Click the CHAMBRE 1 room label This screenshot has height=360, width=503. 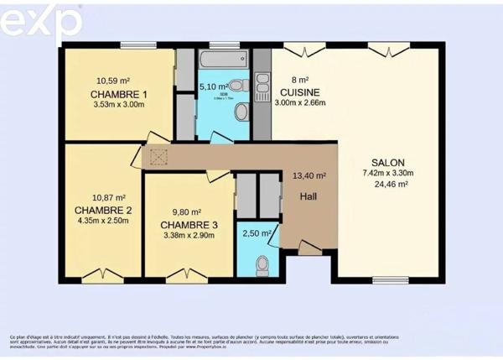121,94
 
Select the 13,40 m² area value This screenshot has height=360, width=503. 309,176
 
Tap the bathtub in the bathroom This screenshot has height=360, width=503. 222,60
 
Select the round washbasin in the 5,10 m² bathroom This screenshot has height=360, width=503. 241,112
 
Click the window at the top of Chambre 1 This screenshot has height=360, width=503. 138,44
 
